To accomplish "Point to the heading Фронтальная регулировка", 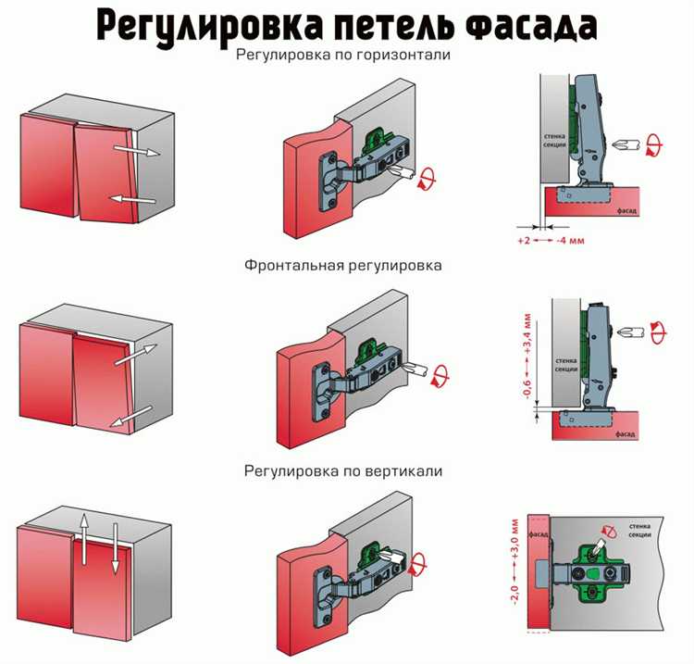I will coord(343,265).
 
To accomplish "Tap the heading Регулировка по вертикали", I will coord(343,471).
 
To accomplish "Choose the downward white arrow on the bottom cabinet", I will coord(115,548).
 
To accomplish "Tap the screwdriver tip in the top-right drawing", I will coord(619,144).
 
